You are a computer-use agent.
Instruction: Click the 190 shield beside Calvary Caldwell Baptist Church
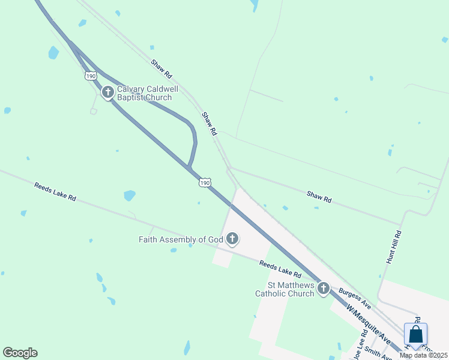click(90, 76)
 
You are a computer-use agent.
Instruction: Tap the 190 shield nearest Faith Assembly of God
click(205, 182)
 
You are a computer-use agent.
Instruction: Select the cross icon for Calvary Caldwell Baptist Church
click(108, 92)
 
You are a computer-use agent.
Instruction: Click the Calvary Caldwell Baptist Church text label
click(148, 92)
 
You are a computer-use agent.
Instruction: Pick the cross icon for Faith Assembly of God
click(232, 239)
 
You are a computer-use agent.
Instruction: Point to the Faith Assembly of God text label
click(181, 239)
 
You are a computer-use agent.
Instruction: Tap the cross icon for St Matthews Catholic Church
click(324, 289)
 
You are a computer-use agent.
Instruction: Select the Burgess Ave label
click(355, 298)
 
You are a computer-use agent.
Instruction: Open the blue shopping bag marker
click(415, 334)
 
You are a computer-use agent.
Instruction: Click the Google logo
click(20, 353)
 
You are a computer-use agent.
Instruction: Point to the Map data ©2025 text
click(423, 355)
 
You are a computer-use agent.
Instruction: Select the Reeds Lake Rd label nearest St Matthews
click(280, 268)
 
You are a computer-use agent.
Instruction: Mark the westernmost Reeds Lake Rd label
click(55, 192)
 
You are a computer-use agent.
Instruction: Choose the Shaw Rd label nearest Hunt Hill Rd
click(319, 196)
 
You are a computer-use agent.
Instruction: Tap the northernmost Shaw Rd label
click(161, 70)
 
